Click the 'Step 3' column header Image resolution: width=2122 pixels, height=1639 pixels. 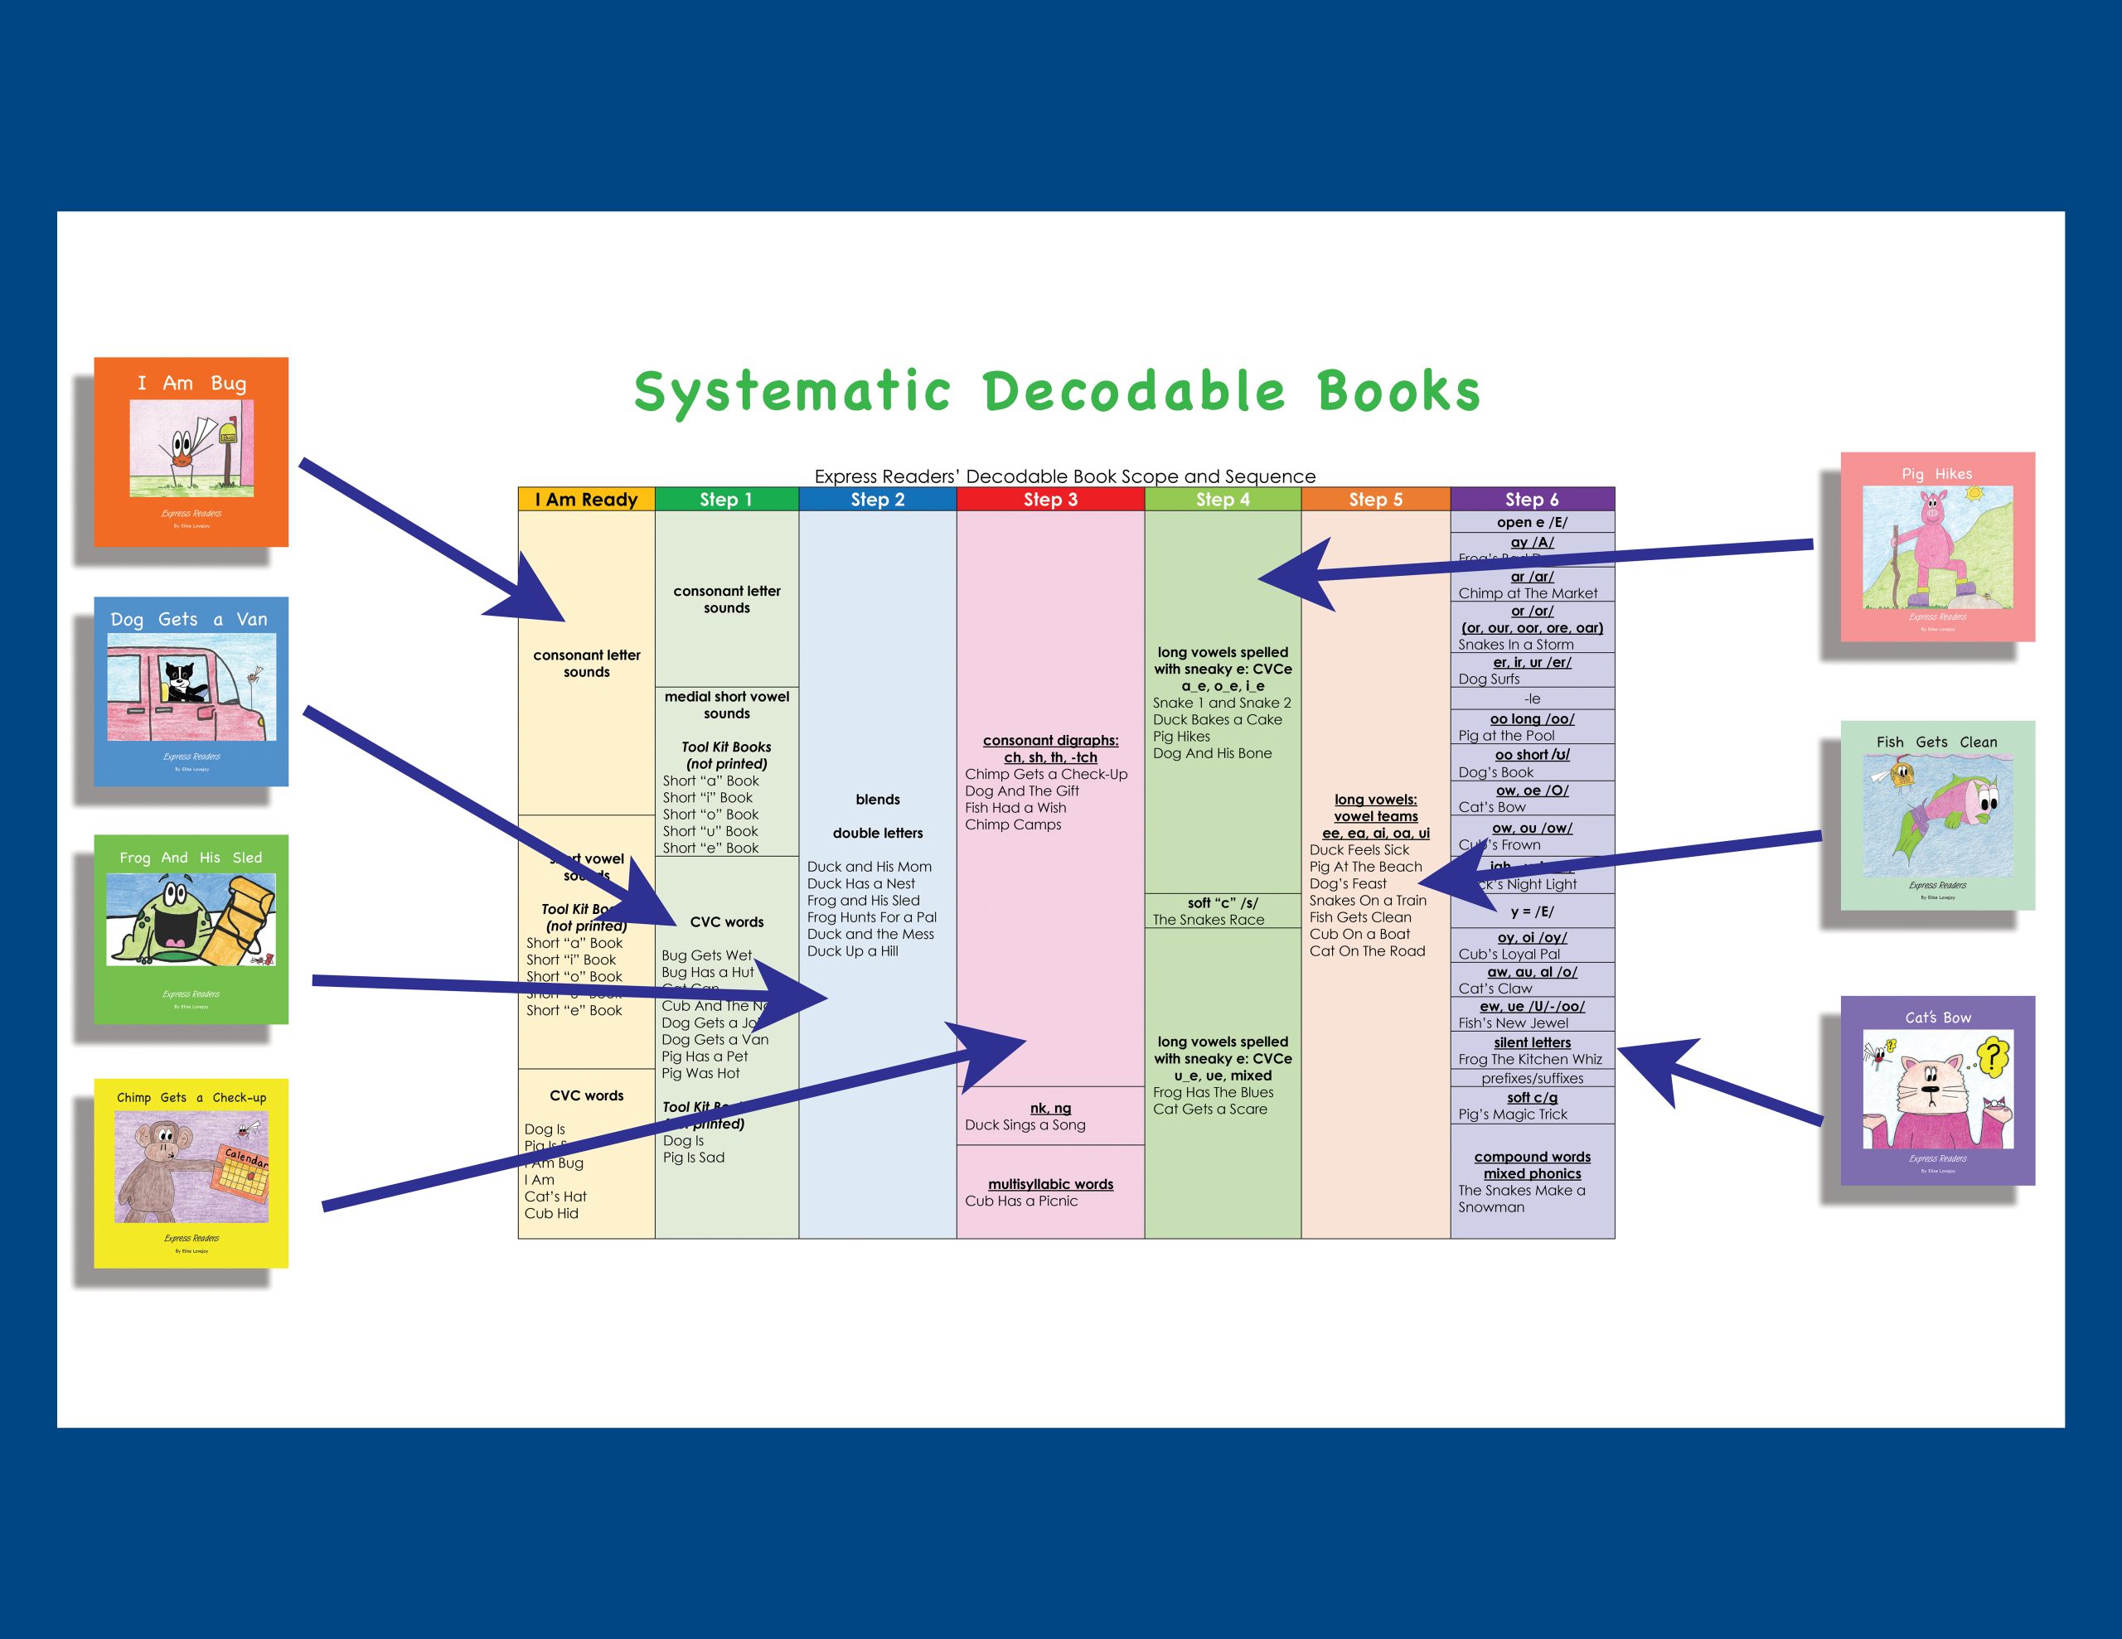[x=1049, y=500]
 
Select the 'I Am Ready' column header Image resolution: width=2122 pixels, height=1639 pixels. [x=586, y=500]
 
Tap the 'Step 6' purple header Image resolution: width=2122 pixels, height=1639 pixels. [x=1531, y=500]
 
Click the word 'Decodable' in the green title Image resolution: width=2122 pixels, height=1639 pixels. [x=1134, y=392]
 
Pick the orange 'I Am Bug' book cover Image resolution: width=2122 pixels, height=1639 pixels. [x=191, y=452]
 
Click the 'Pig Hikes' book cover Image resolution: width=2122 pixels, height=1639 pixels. [x=1936, y=546]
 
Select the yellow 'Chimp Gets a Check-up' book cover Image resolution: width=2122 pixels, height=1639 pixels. [x=191, y=1172]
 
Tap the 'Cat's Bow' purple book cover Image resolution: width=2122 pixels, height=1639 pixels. [x=1936, y=1090]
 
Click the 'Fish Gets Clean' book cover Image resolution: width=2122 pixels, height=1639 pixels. [x=1936, y=815]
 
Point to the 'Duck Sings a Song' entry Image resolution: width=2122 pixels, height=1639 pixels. [x=1025, y=1125]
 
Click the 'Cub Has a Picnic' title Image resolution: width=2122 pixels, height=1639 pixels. [x=1021, y=1201]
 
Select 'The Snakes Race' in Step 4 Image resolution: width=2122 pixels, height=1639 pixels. [x=1208, y=920]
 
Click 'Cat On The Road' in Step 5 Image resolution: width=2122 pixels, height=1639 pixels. [x=1366, y=951]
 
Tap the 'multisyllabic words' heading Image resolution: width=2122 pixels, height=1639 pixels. [x=1050, y=1184]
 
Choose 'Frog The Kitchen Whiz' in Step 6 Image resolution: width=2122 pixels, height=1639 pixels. [x=1529, y=1059]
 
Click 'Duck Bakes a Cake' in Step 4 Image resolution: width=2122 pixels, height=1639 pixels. [x=1217, y=720]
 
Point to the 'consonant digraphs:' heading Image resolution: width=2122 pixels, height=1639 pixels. [x=1050, y=740]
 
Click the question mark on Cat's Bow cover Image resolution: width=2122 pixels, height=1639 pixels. [x=1992, y=1055]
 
